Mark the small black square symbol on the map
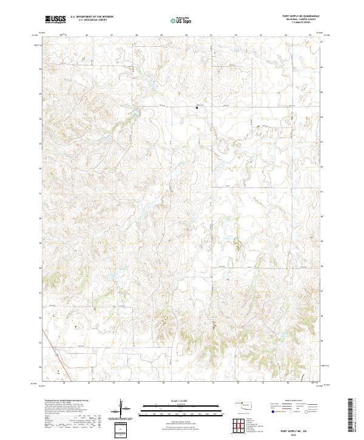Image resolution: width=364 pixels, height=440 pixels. click(x=196, y=108)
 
